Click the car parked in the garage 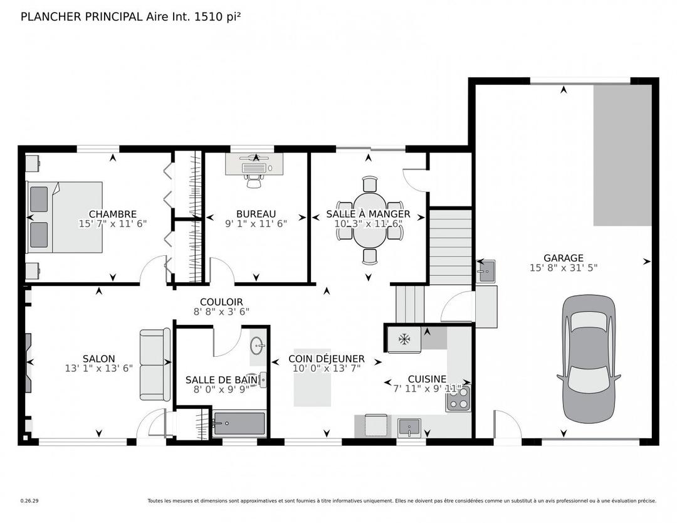[x=589, y=355]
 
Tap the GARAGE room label [x=563, y=258]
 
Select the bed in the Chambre [x=64, y=217]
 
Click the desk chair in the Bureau [x=253, y=181]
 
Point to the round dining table [x=370, y=220]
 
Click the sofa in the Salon [x=155, y=364]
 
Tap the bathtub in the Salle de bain [x=239, y=424]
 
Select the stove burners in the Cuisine [x=458, y=399]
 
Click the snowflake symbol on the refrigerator [x=404, y=339]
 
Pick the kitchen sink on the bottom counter [x=409, y=426]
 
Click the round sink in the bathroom [x=257, y=346]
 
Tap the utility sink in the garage [x=485, y=272]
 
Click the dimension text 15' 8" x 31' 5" [x=563, y=268]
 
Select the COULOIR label [x=221, y=302]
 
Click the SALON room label [x=99, y=359]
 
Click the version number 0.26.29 [x=29, y=501]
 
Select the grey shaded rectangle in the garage [x=622, y=155]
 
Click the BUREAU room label [x=256, y=214]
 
